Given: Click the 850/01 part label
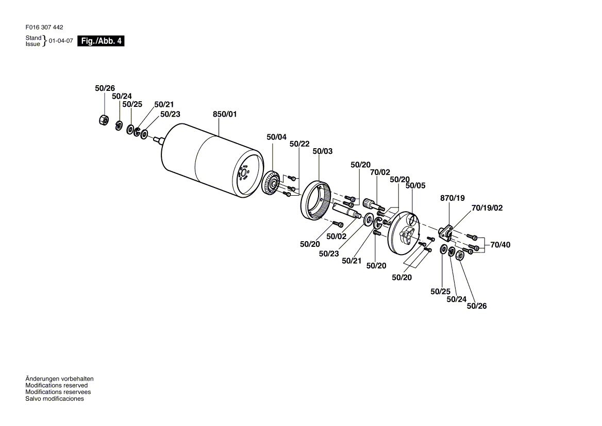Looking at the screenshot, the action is pos(225,114).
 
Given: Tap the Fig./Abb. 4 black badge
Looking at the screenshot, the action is pos(101,41).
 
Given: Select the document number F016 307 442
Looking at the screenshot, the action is pos(44,27).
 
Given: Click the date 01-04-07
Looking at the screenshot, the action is pos(61,41).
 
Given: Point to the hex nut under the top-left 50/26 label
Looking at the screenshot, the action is pos(103,120).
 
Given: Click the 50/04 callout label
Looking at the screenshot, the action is pos(276,137).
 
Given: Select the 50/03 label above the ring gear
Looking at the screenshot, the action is pos(323,151).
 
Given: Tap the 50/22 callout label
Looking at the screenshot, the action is pos(299,144).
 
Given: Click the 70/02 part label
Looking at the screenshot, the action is pos(380,172).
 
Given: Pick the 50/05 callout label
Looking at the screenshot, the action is pos(415,186).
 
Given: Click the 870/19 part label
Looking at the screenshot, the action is pos(452,198).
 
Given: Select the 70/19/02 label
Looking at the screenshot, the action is pos(487,208).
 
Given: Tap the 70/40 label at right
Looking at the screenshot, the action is pos(500,245).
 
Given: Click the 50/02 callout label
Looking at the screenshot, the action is pos(337,236).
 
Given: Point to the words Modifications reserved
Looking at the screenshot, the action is pos(57,386).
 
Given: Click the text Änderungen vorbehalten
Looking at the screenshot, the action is pos(59,379).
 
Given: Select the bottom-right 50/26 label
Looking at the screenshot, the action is pos(477,306).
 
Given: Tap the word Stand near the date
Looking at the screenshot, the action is pos(34,38).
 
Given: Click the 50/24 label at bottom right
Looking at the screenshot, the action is pos(457,299).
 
